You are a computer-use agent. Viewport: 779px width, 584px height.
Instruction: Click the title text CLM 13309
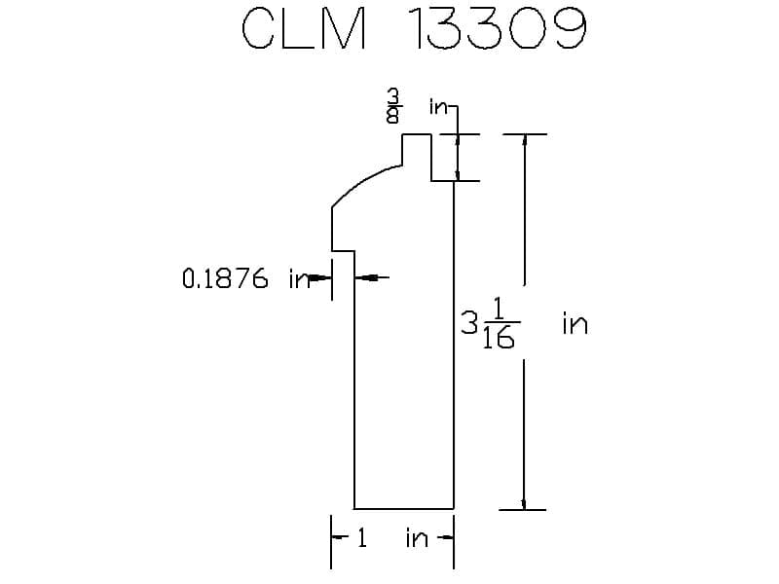click(x=412, y=31)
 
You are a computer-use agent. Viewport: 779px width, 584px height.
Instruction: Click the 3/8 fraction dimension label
click(x=392, y=107)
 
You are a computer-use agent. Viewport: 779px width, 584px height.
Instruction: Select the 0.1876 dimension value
click(x=225, y=279)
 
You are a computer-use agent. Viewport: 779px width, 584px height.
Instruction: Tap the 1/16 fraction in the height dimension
click(x=499, y=323)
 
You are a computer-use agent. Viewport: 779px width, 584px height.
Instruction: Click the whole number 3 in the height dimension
click(x=469, y=322)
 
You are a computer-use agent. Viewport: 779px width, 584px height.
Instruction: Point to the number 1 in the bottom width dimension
click(x=361, y=537)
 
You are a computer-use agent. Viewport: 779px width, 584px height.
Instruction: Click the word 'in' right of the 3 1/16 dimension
click(x=575, y=323)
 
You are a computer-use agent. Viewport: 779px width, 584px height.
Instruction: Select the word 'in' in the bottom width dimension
click(x=417, y=537)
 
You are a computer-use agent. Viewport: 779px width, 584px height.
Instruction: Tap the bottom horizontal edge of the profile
click(x=403, y=508)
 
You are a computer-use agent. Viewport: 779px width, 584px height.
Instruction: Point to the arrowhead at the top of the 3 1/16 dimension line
click(x=525, y=140)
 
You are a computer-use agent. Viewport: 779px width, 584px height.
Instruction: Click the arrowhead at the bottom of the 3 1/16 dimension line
click(x=525, y=502)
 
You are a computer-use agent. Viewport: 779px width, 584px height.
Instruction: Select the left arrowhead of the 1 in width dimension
click(x=338, y=536)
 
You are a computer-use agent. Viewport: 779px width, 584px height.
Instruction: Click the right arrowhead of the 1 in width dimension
click(x=447, y=536)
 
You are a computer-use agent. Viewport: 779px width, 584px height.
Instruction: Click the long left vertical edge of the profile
click(x=353, y=389)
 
